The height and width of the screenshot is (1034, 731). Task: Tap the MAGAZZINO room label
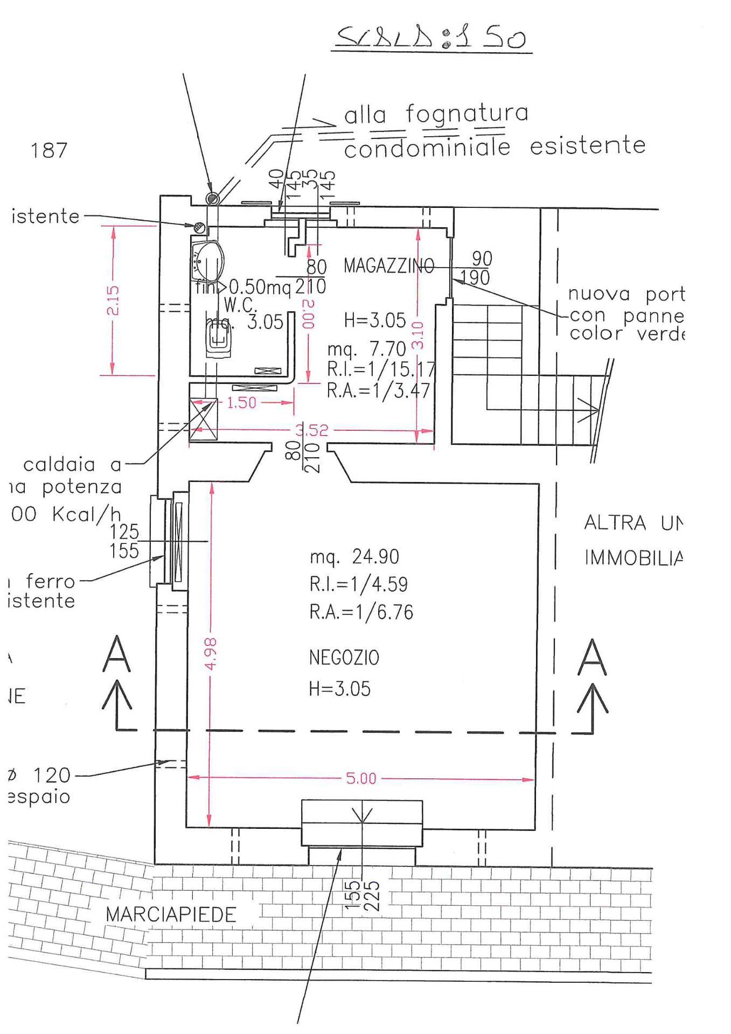coord(388,266)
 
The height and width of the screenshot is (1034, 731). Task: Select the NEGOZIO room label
coord(344,658)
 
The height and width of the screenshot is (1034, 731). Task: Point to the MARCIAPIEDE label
coord(171,914)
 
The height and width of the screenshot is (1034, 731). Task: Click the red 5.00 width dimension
coord(361,778)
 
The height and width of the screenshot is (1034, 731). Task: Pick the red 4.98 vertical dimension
coord(211,654)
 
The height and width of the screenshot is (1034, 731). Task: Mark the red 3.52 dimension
coord(311,430)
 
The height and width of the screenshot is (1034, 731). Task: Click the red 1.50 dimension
coord(241,402)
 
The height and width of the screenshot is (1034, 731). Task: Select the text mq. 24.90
coord(354,556)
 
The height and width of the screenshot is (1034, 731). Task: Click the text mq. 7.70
coord(366,349)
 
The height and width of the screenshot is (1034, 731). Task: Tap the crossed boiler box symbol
coord(203,419)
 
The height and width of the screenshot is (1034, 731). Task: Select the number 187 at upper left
coord(49,150)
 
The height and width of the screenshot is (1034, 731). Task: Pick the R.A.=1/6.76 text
coord(361,612)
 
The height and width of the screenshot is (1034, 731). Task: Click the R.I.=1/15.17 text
coord(380,369)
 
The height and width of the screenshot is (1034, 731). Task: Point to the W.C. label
coord(240,305)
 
